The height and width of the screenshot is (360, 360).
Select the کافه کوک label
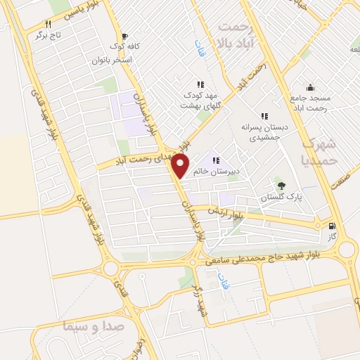tap(124, 47)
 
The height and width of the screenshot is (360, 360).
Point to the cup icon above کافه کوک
tap(124, 37)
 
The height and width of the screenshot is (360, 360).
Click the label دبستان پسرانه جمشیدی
tap(265, 134)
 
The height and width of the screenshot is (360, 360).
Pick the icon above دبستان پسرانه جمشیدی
tap(265, 116)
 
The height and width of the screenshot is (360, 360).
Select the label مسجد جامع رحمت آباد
tap(314, 101)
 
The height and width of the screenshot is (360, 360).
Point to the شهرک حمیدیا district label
tap(323, 151)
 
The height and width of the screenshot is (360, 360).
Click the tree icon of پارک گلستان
tap(281, 186)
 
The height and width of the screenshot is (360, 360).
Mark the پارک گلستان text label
tap(281, 198)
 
